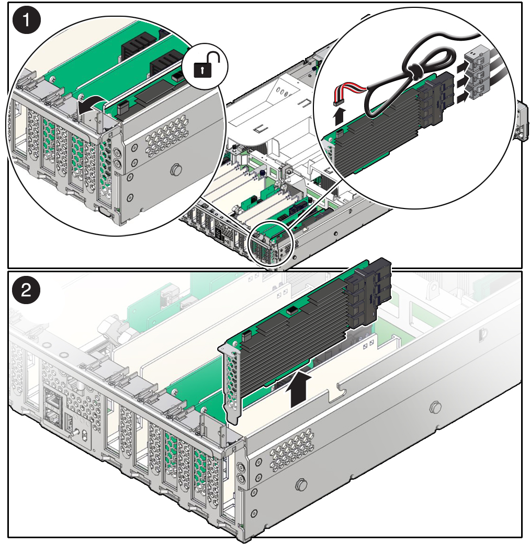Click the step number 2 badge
(26, 290)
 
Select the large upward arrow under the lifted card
(298, 387)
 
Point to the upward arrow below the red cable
(340, 116)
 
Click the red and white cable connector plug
(337, 103)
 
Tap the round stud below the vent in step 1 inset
(176, 170)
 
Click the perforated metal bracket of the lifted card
(231, 382)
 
